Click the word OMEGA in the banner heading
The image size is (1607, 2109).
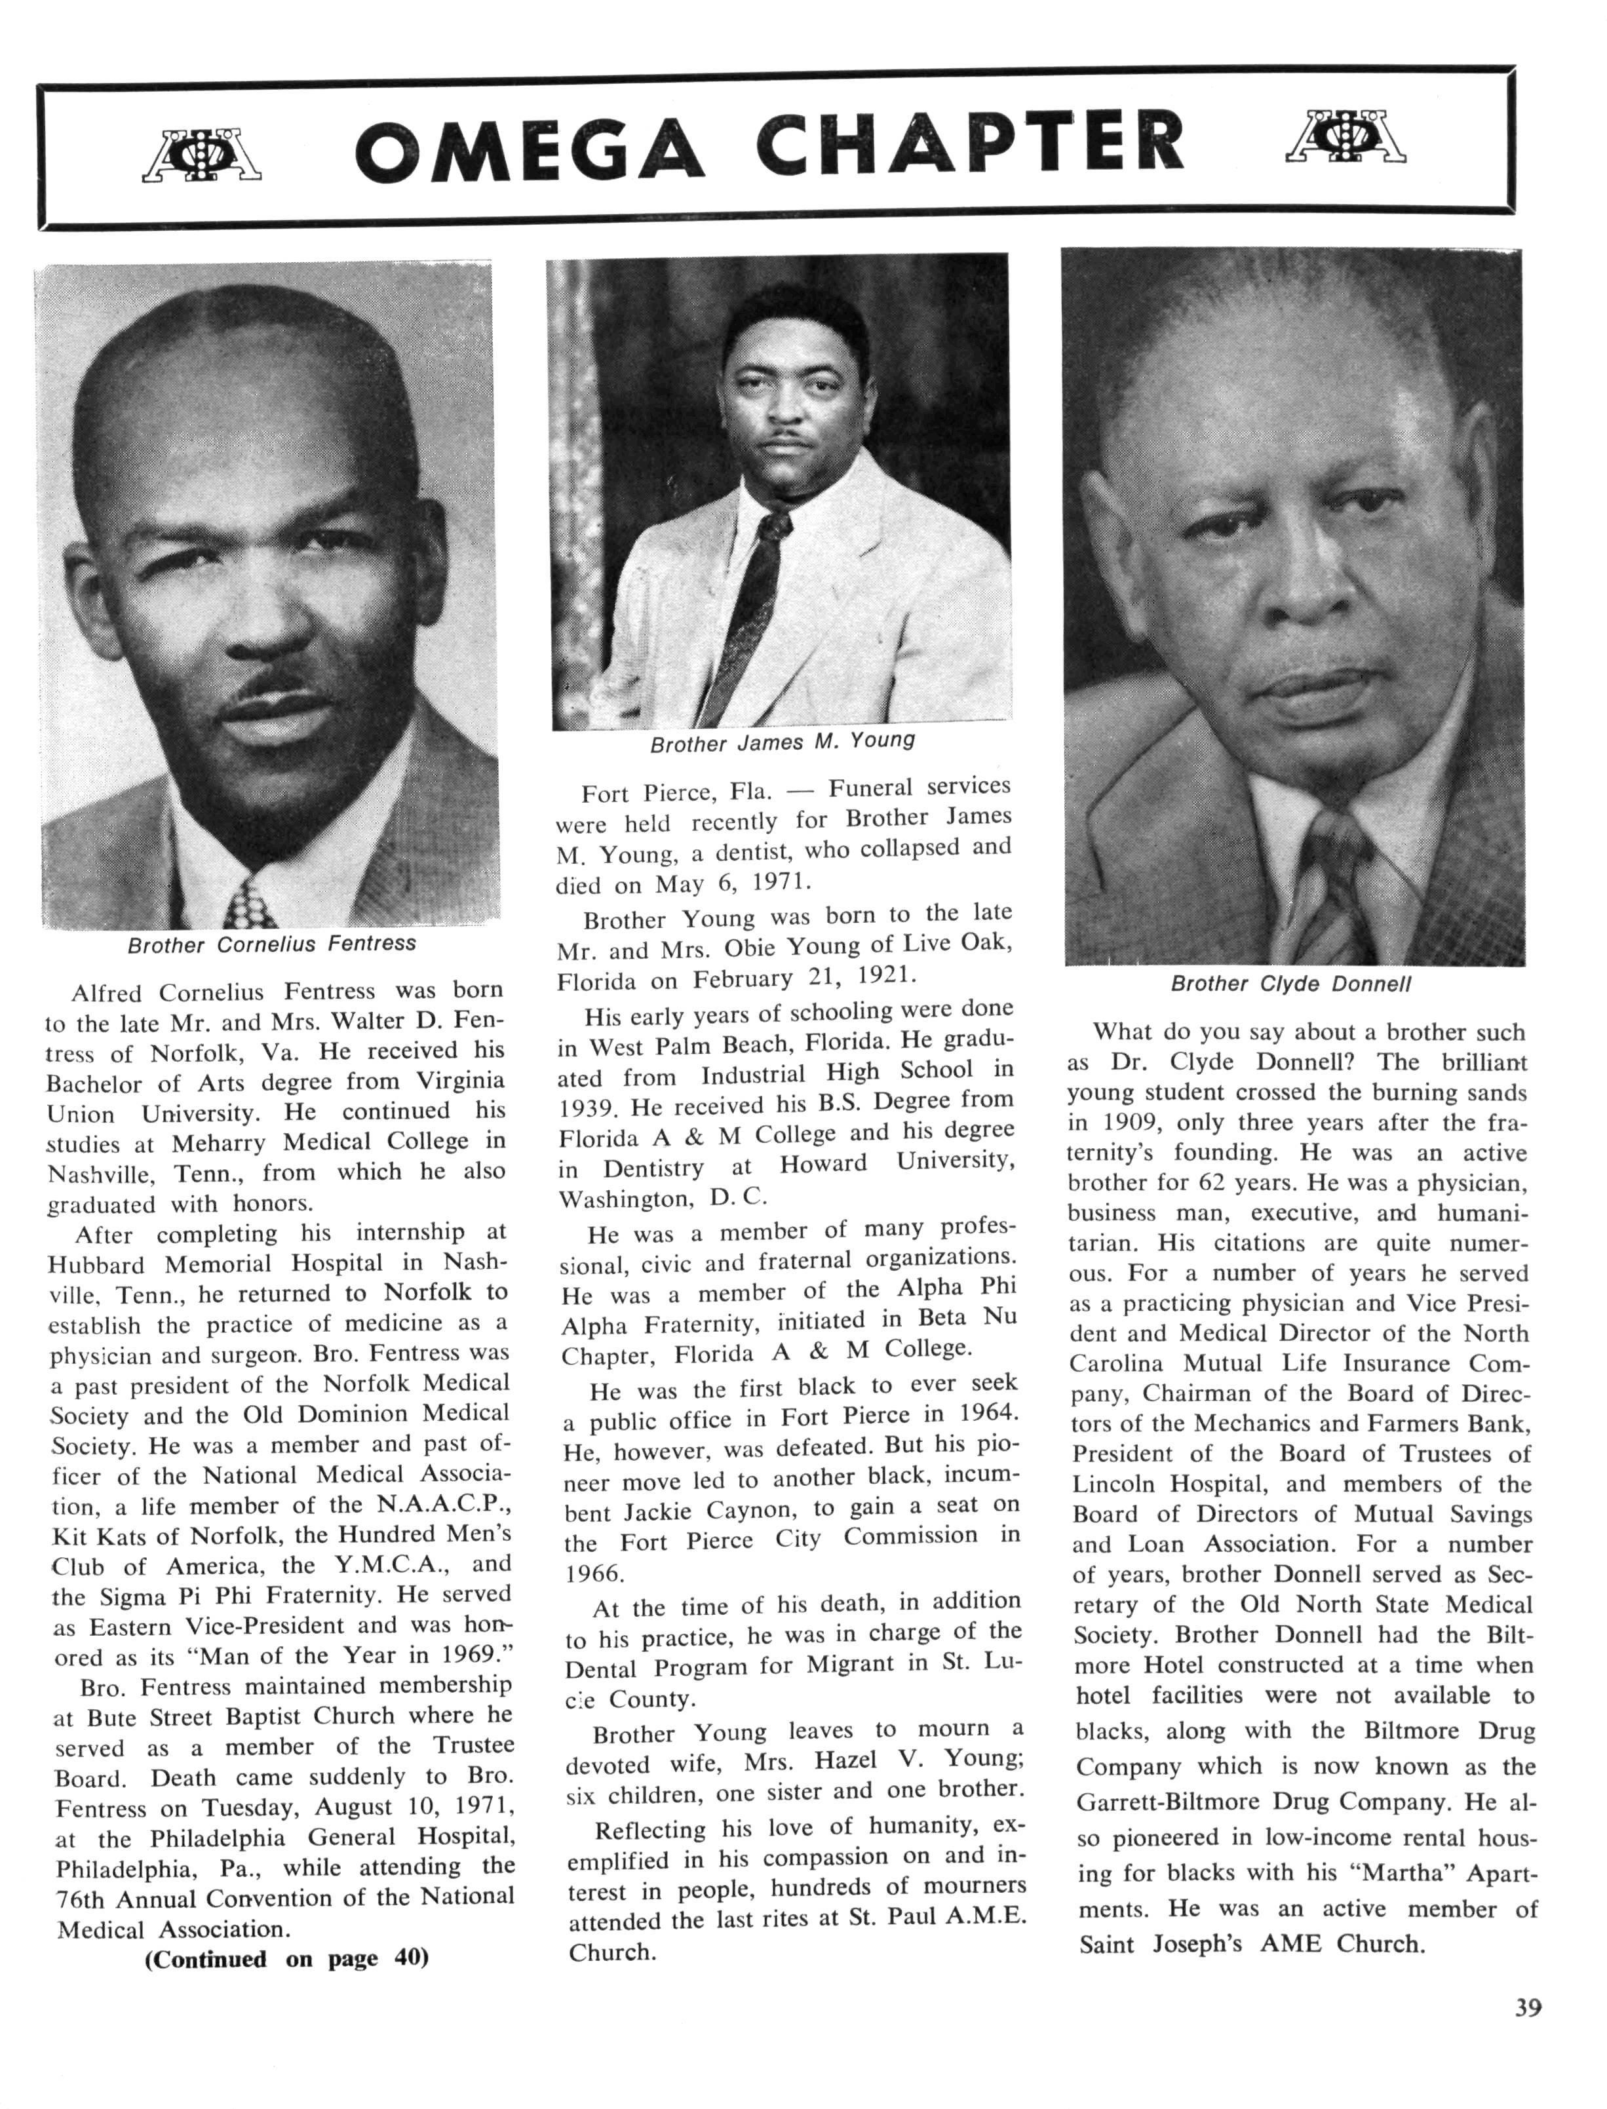click(x=530, y=147)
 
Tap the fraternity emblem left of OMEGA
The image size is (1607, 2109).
click(x=202, y=154)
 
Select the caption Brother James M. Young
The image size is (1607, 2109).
click(x=781, y=741)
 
